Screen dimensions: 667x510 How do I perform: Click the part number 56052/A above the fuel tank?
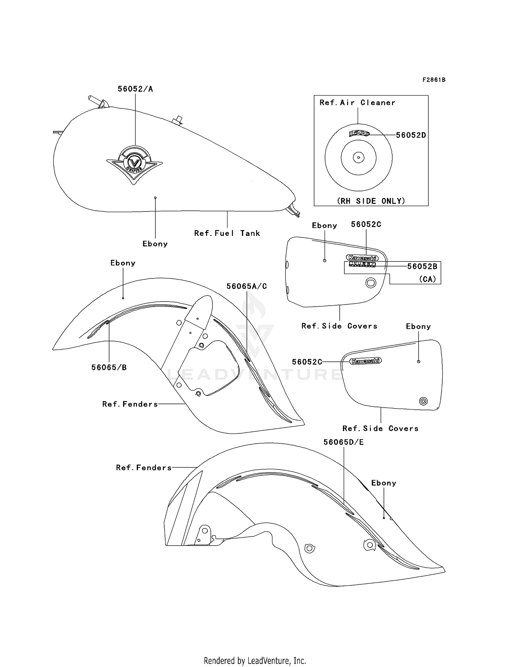pyautogui.click(x=135, y=89)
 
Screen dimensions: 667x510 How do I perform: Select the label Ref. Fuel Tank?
pyautogui.click(x=227, y=233)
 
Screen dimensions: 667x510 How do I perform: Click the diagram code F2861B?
pyautogui.click(x=434, y=80)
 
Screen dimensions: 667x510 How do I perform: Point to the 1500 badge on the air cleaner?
pyautogui.click(x=359, y=134)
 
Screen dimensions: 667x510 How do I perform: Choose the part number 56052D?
pyautogui.click(x=411, y=135)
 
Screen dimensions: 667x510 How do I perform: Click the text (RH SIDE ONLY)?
pyautogui.click(x=371, y=201)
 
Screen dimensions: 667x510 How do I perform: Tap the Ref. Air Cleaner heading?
pyautogui.click(x=357, y=103)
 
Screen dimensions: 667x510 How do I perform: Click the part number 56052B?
pyautogui.click(x=422, y=266)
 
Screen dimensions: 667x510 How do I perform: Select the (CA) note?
pyautogui.click(x=427, y=279)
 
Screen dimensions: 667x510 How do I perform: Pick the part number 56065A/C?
pyautogui.click(x=247, y=287)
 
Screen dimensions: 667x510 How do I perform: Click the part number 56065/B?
pyautogui.click(x=109, y=367)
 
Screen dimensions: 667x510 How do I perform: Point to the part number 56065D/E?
pyautogui.click(x=343, y=442)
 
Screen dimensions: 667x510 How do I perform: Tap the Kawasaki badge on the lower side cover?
pyautogui.click(x=366, y=361)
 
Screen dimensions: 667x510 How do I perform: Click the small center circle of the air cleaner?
pyautogui.click(x=358, y=157)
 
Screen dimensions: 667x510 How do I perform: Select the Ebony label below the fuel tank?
pyautogui.click(x=155, y=244)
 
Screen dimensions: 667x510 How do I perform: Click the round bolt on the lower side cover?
pyautogui.click(x=423, y=401)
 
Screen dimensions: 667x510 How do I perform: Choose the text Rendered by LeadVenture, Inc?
pyautogui.click(x=255, y=661)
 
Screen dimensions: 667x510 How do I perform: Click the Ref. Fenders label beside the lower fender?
pyautogui.click(x=144, y=468)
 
